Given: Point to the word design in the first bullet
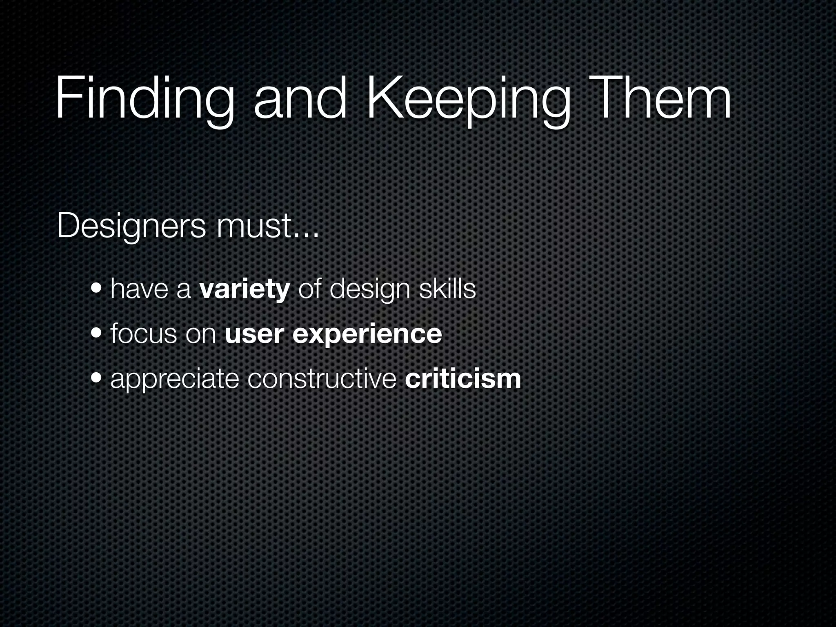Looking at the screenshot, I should click(x=369, y=290).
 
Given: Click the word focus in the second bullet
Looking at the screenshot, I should click(x=143, y=334).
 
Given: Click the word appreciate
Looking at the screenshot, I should click(x=174, y=380).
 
